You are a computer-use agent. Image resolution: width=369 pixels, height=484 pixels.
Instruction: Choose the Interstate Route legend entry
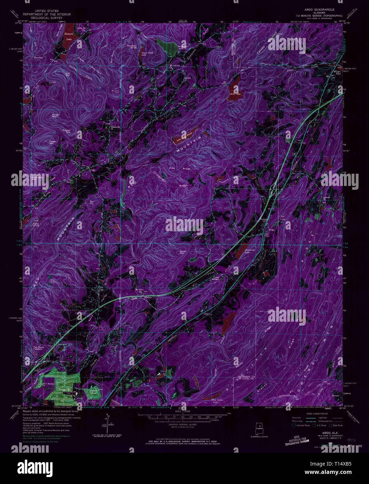coord(303,426)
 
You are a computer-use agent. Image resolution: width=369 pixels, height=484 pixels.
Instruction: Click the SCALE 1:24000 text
coord(184,412)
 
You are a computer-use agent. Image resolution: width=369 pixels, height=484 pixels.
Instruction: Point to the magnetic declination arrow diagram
coord(107,423)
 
